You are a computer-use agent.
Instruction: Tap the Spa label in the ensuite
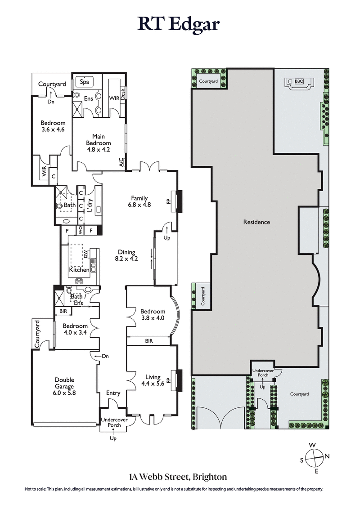point(84,82)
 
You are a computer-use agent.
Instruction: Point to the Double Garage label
point(65,383)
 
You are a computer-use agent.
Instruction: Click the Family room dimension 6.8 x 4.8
point(139,204)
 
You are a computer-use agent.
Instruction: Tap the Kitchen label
point(79,270)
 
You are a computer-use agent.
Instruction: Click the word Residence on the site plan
point(256,222)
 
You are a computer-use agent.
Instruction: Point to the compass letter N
point(327,456)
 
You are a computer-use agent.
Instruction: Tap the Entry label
point(113,393)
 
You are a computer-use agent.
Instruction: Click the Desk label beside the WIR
point(122,93)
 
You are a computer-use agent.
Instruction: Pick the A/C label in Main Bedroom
point(121,162)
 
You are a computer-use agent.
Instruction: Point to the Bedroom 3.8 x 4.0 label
point(153,314)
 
